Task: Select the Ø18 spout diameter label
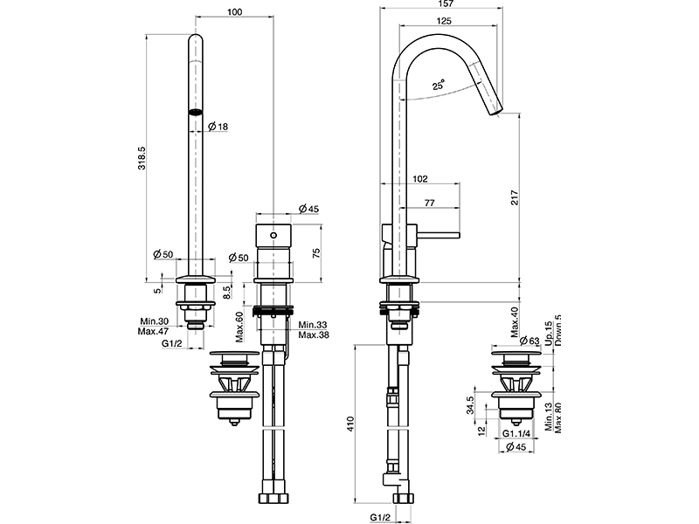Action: pos(218,128)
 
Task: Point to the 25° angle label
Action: pos(438,86)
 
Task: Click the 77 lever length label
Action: pos(430,203)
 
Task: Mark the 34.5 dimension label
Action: pos(469,405)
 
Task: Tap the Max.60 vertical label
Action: pos(239,327)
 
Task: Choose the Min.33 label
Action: pos(312,325)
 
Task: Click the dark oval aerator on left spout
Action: pos(196,111)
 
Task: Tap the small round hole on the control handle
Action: pos(273,236)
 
